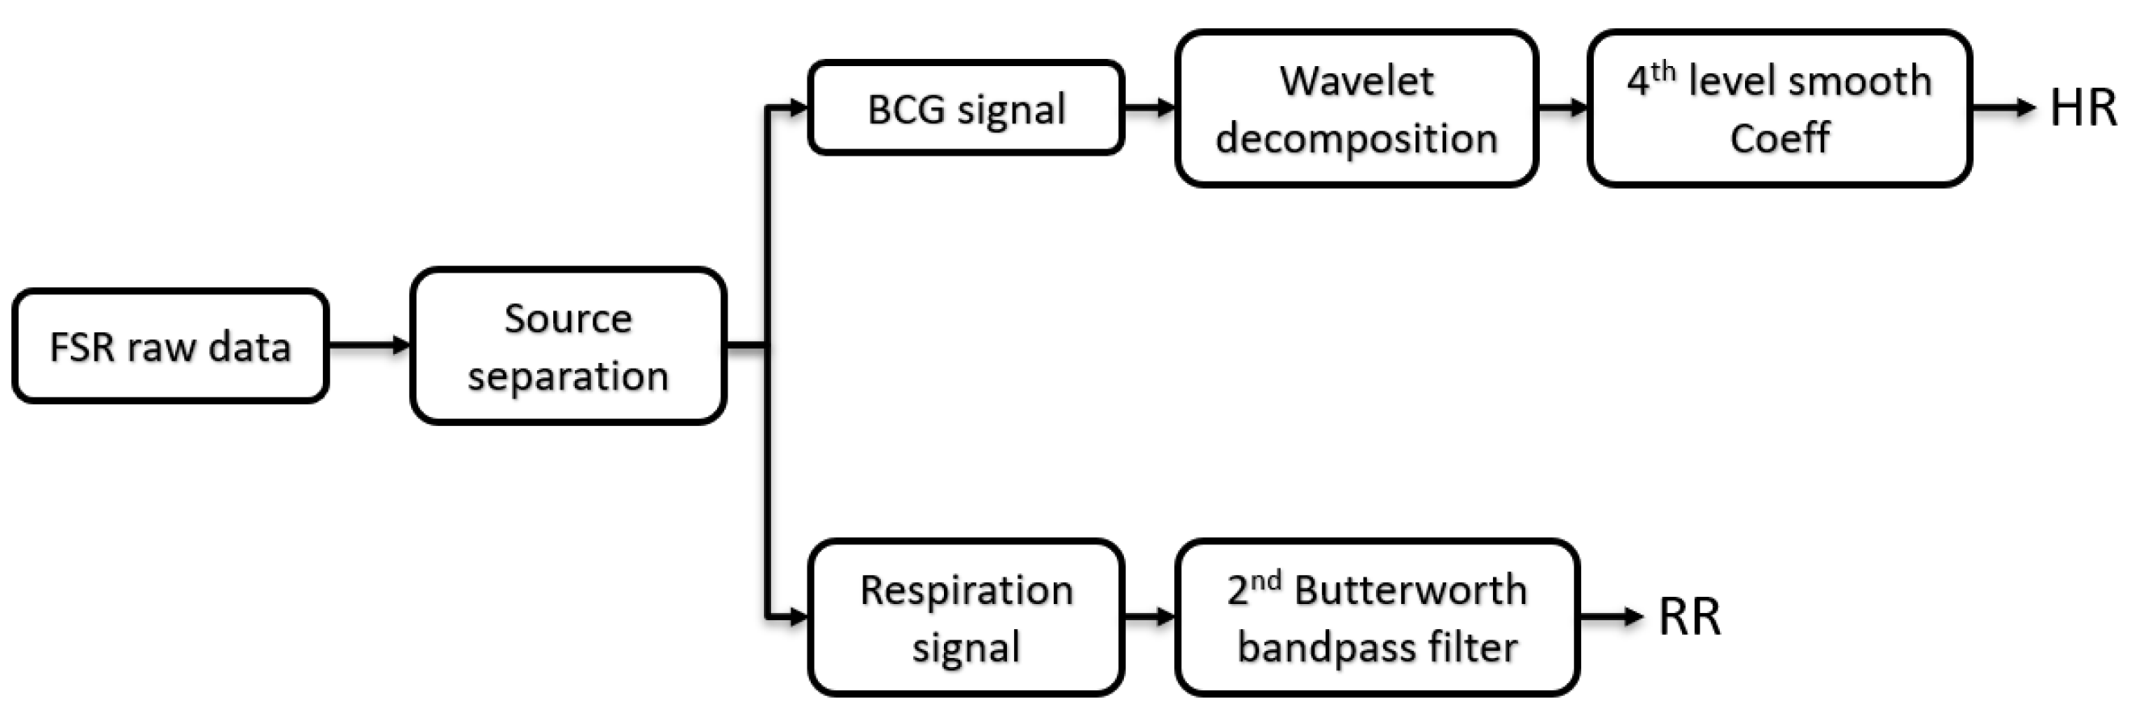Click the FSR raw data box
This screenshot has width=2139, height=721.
(x=170, y=346)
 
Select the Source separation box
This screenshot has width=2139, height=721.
(x=568, y=346)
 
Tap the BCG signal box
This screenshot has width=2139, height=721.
(x=966, y=109)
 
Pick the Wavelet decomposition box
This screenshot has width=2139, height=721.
(x=1356, y=109)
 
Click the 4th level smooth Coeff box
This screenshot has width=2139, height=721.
(x=1779, y=109)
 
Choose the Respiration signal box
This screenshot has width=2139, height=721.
(x=966, y=617)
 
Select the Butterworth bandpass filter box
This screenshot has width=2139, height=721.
(x=1377, y=617)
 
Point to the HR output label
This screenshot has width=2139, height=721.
(x=2082, y=109)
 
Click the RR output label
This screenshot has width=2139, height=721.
(x=1689, y=617)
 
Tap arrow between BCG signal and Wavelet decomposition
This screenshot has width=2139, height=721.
(x=1149, y=107)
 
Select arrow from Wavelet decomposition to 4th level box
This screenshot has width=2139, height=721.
(x=1562, y=107)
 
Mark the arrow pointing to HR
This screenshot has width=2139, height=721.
(x=2001, y=107)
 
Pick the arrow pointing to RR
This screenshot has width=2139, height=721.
(x=1609, y=616)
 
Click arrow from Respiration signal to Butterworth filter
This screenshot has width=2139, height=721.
(x=1149, y=616)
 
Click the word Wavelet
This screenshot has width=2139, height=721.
(x=1356, y=81)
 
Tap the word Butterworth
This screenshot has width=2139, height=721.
(x=1410, y=590)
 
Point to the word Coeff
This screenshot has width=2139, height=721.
(x=1779, y=138)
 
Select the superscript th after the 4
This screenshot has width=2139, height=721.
(x=1663, y=71)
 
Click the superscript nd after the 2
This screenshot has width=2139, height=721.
(x=1265, y=580)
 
